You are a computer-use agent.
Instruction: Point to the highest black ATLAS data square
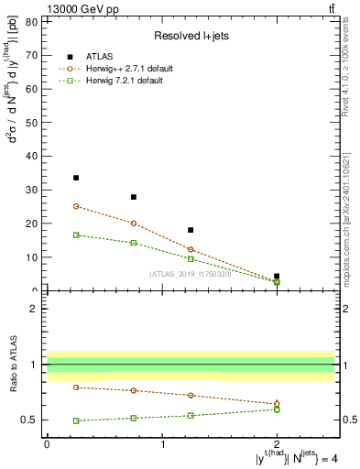click(x=76, y=178)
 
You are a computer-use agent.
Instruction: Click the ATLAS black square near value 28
click(x=134, y=197)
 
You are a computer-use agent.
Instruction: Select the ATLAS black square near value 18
click(x=191, y=230)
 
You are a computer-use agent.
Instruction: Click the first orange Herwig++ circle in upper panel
click(x=76, y=206)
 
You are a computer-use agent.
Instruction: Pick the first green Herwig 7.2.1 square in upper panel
click(x=76, y=235)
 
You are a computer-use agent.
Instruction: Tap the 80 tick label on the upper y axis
click(x=33, y=21)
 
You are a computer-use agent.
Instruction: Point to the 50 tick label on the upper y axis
click(x=33, y=122)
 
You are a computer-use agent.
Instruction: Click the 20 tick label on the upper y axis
click(x=33, y=224)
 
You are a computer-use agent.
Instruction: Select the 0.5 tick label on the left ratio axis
click(x=29, y=420)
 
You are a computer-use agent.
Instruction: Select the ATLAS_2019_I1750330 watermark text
click(x=191, y=274)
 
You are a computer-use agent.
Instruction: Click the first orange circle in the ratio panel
click(x=76, y=387)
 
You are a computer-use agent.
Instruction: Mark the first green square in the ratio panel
click(x=76, y=420)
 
